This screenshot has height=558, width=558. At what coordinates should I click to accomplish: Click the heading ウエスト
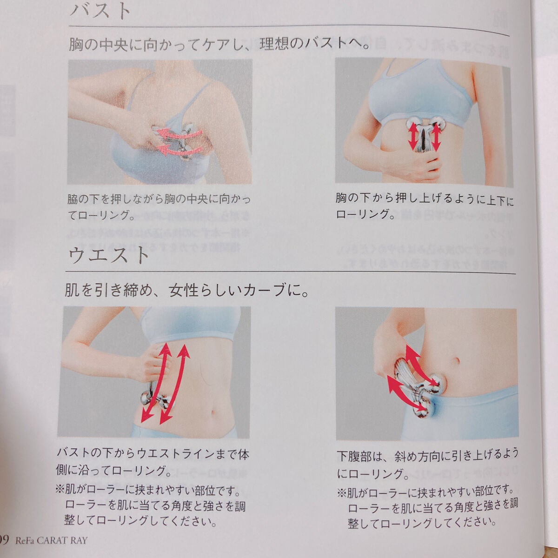point(110,254)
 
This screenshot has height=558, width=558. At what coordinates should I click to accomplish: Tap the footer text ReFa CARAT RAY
point(51,540)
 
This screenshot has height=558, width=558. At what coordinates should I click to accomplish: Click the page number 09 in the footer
point(5,540)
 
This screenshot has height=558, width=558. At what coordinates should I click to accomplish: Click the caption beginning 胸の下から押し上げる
point(424,206)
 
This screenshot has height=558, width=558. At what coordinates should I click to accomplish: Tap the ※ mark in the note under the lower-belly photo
point(341,491)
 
